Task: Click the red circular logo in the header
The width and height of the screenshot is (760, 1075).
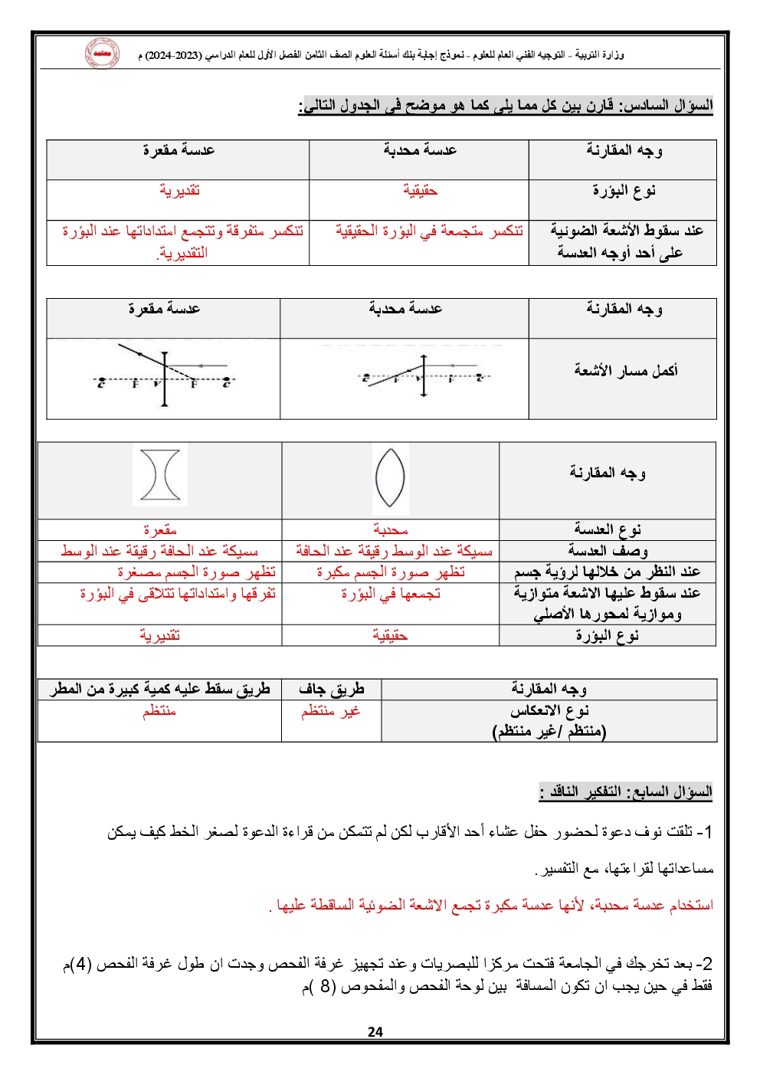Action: [x=102, y=54]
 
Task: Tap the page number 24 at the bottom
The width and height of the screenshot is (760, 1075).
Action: [x=375, y=1031]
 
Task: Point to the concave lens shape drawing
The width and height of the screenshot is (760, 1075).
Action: [x=160, y=475]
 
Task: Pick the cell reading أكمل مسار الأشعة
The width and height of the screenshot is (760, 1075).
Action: [x=625, y=371]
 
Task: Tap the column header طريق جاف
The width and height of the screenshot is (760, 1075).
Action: [x=331, y=690]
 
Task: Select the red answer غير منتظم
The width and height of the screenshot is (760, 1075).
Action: [x=330, y=711]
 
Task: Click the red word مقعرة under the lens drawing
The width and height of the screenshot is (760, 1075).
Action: [x=160, y=529]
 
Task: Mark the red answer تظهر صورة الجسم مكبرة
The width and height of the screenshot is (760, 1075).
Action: [x=391, y=572]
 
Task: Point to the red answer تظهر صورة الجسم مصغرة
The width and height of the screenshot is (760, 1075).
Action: [x=196, y=572]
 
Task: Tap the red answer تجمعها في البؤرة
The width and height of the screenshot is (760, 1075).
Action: [x=391, y=593]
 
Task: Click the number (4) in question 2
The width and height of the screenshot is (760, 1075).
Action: [x=83, y=963]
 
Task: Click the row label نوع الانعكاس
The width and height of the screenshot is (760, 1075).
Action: [x=549, y=711]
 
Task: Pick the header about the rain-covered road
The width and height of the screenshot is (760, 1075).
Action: [x=160, y=690]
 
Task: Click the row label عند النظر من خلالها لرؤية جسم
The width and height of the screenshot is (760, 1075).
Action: [x=608, y=572]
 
